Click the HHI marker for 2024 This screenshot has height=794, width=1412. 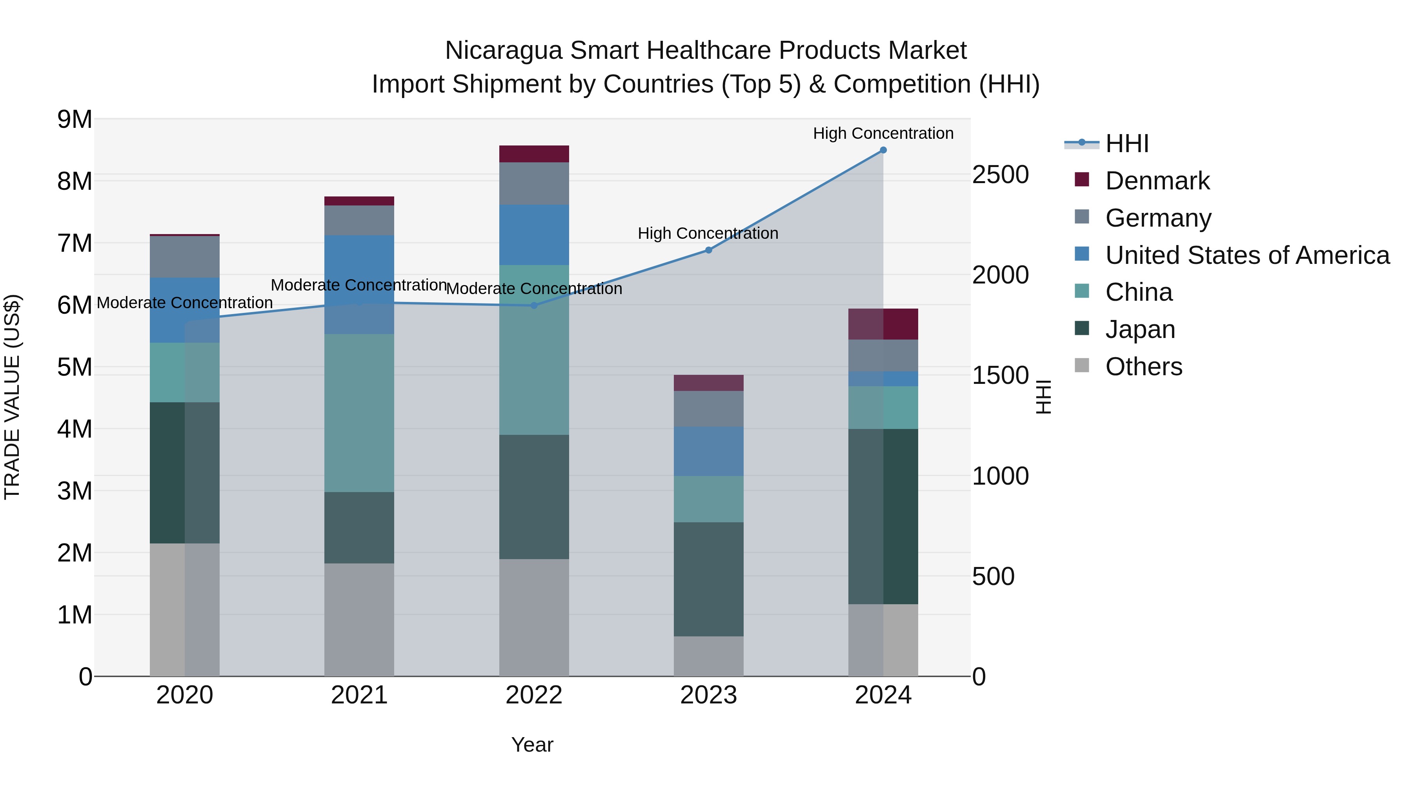pos(883,150)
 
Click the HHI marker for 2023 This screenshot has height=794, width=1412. pos(708,250)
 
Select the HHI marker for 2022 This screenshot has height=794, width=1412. pos(534,305)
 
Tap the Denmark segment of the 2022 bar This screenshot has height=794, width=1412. pos(534,154)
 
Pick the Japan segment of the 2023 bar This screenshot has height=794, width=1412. pos(708,579)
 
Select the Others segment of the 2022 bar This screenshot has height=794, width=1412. pos(534,617)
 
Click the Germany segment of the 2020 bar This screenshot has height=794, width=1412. pos(185,257)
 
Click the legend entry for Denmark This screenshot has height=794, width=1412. pos(1157,181)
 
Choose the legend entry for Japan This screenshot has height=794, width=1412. pos(1140,329)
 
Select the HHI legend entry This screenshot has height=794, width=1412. pos(1126,144)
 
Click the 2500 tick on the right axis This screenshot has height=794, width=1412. pos(1000,175)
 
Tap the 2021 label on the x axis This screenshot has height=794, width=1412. pos(359,695)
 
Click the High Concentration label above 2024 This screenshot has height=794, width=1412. pos(883,133)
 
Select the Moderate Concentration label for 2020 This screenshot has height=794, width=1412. pos(185,302)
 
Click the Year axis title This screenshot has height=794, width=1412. pos(532,745)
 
